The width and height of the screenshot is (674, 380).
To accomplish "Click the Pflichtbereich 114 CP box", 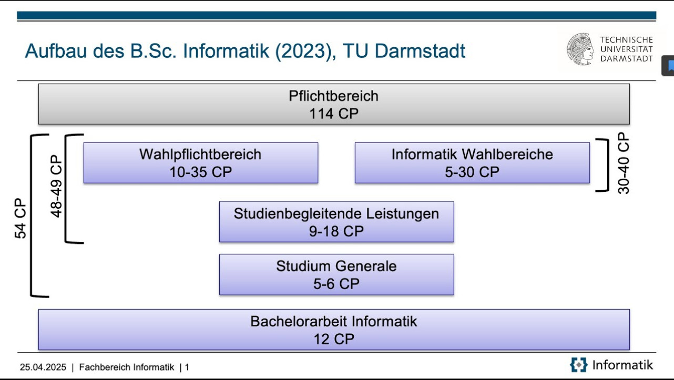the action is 334,104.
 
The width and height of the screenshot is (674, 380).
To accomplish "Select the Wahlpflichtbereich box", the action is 201,163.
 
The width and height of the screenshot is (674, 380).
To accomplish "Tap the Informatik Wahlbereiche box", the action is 472,163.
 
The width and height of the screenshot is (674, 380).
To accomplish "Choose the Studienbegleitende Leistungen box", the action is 336,222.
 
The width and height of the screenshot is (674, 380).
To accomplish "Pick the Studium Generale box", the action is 336,274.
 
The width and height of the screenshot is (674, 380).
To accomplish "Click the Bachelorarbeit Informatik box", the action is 334,330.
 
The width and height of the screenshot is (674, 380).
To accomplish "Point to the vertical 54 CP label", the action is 21,218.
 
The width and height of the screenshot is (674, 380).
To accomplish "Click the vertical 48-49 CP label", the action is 56,186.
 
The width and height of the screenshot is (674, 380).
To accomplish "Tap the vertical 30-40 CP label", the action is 623,163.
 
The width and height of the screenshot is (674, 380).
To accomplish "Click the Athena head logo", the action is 580,49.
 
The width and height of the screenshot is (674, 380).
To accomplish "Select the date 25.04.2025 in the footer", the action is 43,367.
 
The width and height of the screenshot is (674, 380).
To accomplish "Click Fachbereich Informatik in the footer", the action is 126,367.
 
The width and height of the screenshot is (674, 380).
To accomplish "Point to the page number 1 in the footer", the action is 187,367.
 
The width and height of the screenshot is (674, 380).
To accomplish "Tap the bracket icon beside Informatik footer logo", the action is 578,365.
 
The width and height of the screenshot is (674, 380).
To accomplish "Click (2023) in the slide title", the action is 305,51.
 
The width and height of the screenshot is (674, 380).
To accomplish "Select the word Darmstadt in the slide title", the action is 420,50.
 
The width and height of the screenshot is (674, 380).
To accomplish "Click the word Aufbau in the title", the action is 57,50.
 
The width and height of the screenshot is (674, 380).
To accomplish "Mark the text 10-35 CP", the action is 201,172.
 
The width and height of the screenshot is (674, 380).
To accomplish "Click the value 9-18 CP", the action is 336,231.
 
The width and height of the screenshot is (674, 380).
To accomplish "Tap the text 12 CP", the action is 334,339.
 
